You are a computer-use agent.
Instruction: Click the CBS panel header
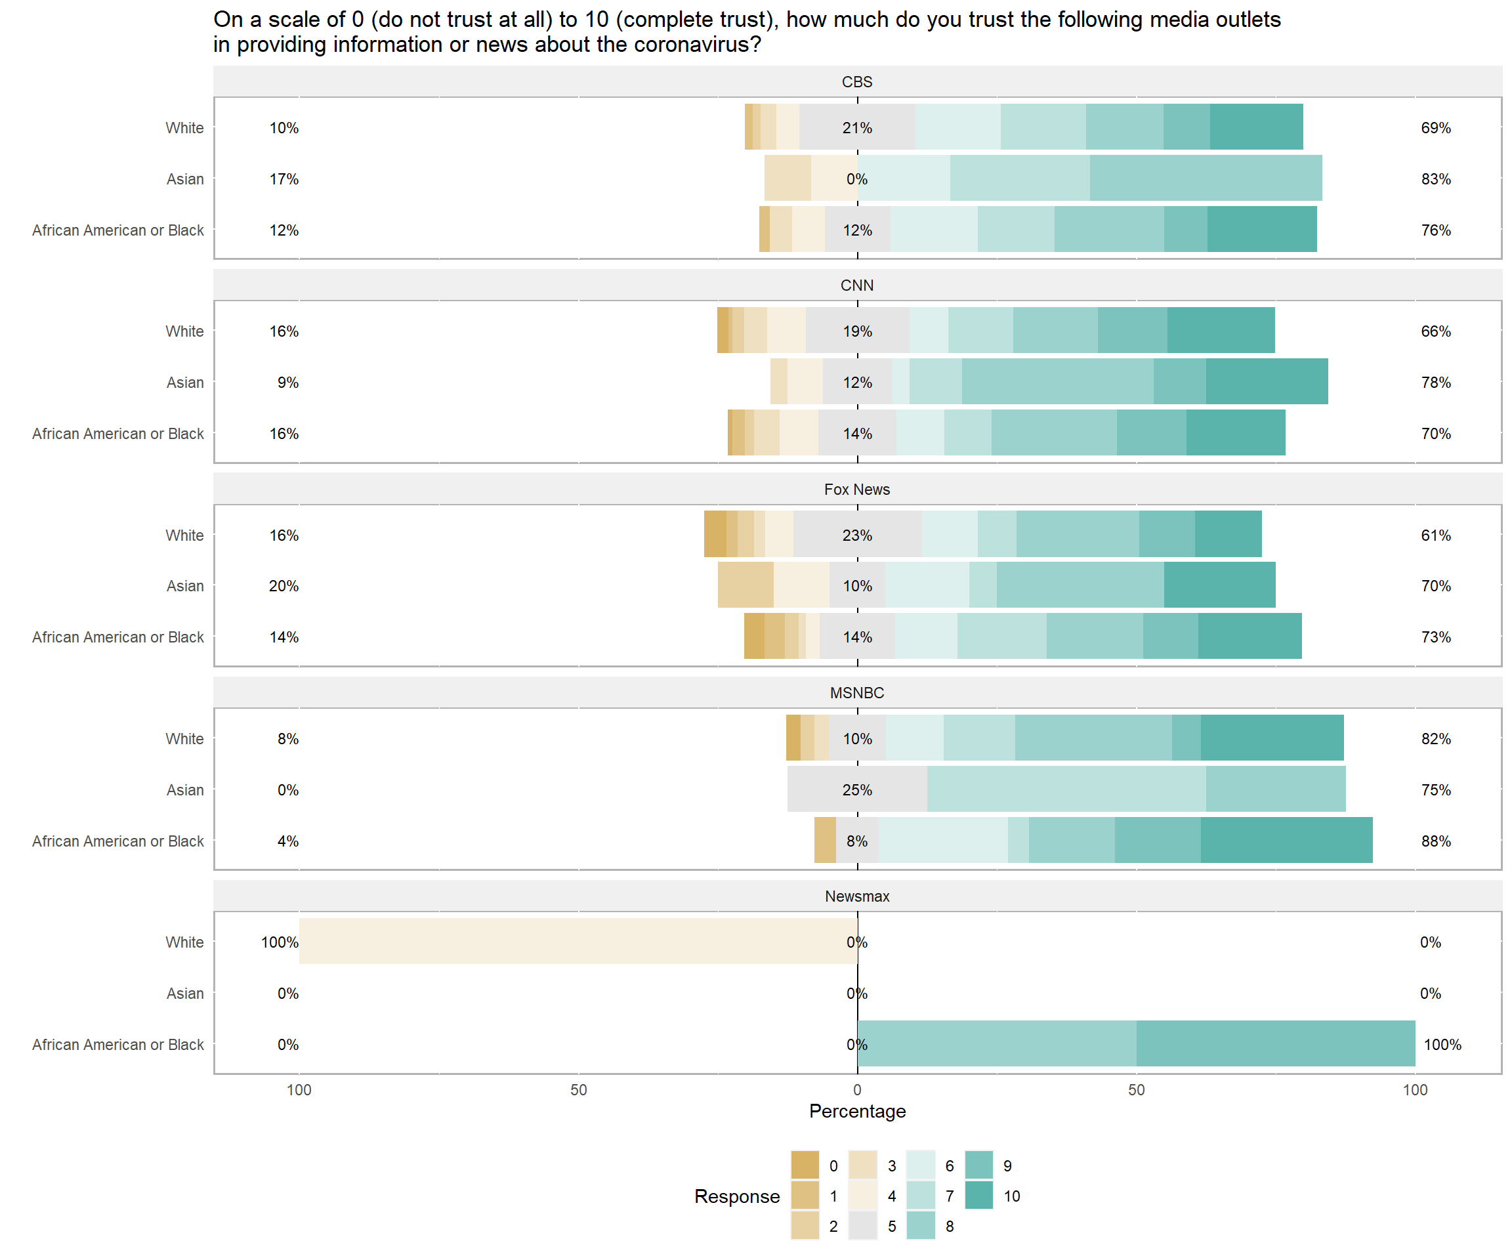[857, 82]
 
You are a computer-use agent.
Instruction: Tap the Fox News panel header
[857, 490]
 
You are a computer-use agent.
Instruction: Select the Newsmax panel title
[857, 896]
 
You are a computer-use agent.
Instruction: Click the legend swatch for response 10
[978, 1196]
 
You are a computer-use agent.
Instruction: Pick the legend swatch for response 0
[805, 1165]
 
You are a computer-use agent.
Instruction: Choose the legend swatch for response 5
[862, 1226]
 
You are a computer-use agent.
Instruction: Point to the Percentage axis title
[857, 1111]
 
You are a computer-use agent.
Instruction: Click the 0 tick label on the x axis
[857, 1090]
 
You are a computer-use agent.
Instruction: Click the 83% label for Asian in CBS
[1436, 179]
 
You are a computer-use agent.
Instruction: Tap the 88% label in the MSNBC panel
[1436, 841]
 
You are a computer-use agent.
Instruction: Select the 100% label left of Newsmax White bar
[280, 942]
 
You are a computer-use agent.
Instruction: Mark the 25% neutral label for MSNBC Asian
[857, 790]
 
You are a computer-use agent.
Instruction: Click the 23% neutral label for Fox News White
[857, 535]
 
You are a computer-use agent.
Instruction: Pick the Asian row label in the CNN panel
[185, 383]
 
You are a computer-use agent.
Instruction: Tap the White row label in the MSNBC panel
[184, 739]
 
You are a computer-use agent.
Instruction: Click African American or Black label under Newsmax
[118, 1045]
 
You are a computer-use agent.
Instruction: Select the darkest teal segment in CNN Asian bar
[1267, 381]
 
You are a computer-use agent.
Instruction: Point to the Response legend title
[736, 1196]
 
